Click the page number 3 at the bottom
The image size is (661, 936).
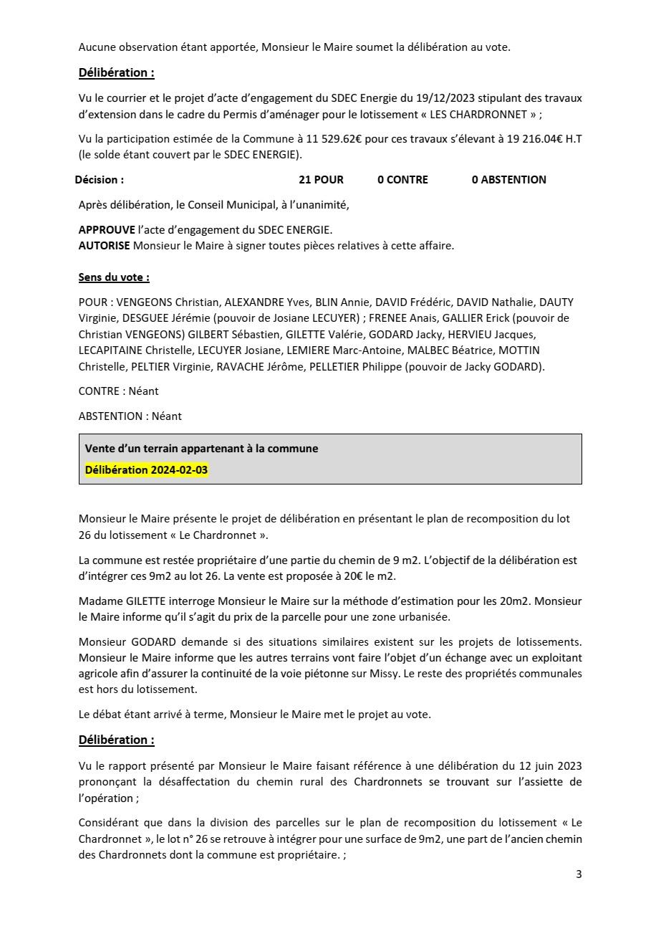tap(579, 874)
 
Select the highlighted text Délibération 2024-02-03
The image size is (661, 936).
tap(147, 470)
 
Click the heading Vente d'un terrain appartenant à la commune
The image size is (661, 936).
tap(201, 449)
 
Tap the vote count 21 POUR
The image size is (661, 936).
tap(321, 180)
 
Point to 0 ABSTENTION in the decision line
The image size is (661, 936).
tap(508, 180)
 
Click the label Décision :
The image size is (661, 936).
tap(100, 180)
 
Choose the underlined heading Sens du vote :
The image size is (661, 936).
tap(114, 277)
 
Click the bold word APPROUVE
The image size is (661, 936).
tap(107, 230)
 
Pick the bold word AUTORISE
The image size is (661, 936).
tap(105, 246)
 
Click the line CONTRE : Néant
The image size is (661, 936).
tap(118, 391)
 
